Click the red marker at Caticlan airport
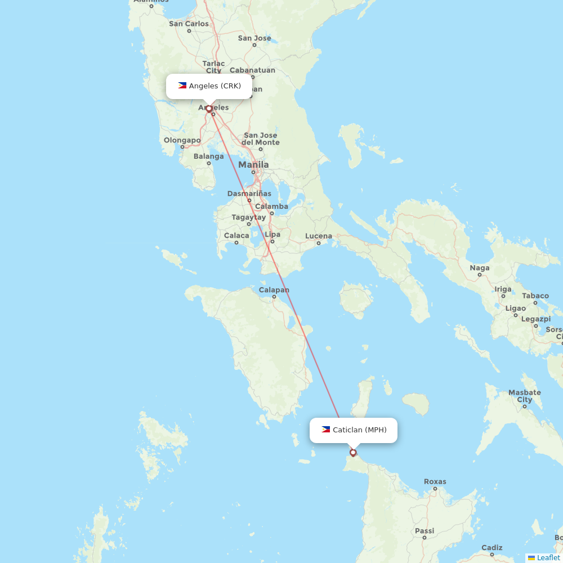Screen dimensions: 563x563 tap(353, 452)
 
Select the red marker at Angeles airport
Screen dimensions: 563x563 tap(209, 109)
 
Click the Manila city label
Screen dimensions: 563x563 tap(253, 165)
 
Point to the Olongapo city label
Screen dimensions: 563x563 tap(182, 140)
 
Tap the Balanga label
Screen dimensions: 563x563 tap(208, 157)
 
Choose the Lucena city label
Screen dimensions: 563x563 tap(319, 236)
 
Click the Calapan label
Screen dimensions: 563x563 tap(274, 291)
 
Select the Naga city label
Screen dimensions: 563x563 tap(480, 268)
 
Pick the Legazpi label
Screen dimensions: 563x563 tap(535, 319)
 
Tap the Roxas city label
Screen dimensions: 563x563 tap(435, 482)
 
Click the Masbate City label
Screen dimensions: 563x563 tap(524, 396)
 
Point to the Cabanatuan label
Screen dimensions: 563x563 tap(253, 70)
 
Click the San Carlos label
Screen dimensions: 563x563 tap(189, 24)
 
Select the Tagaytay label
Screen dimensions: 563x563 tap(248, 217)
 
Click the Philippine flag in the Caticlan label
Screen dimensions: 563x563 tap(326, 430)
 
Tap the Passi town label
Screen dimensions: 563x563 tap(425, 531)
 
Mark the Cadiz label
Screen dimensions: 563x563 tap(491, 548)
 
